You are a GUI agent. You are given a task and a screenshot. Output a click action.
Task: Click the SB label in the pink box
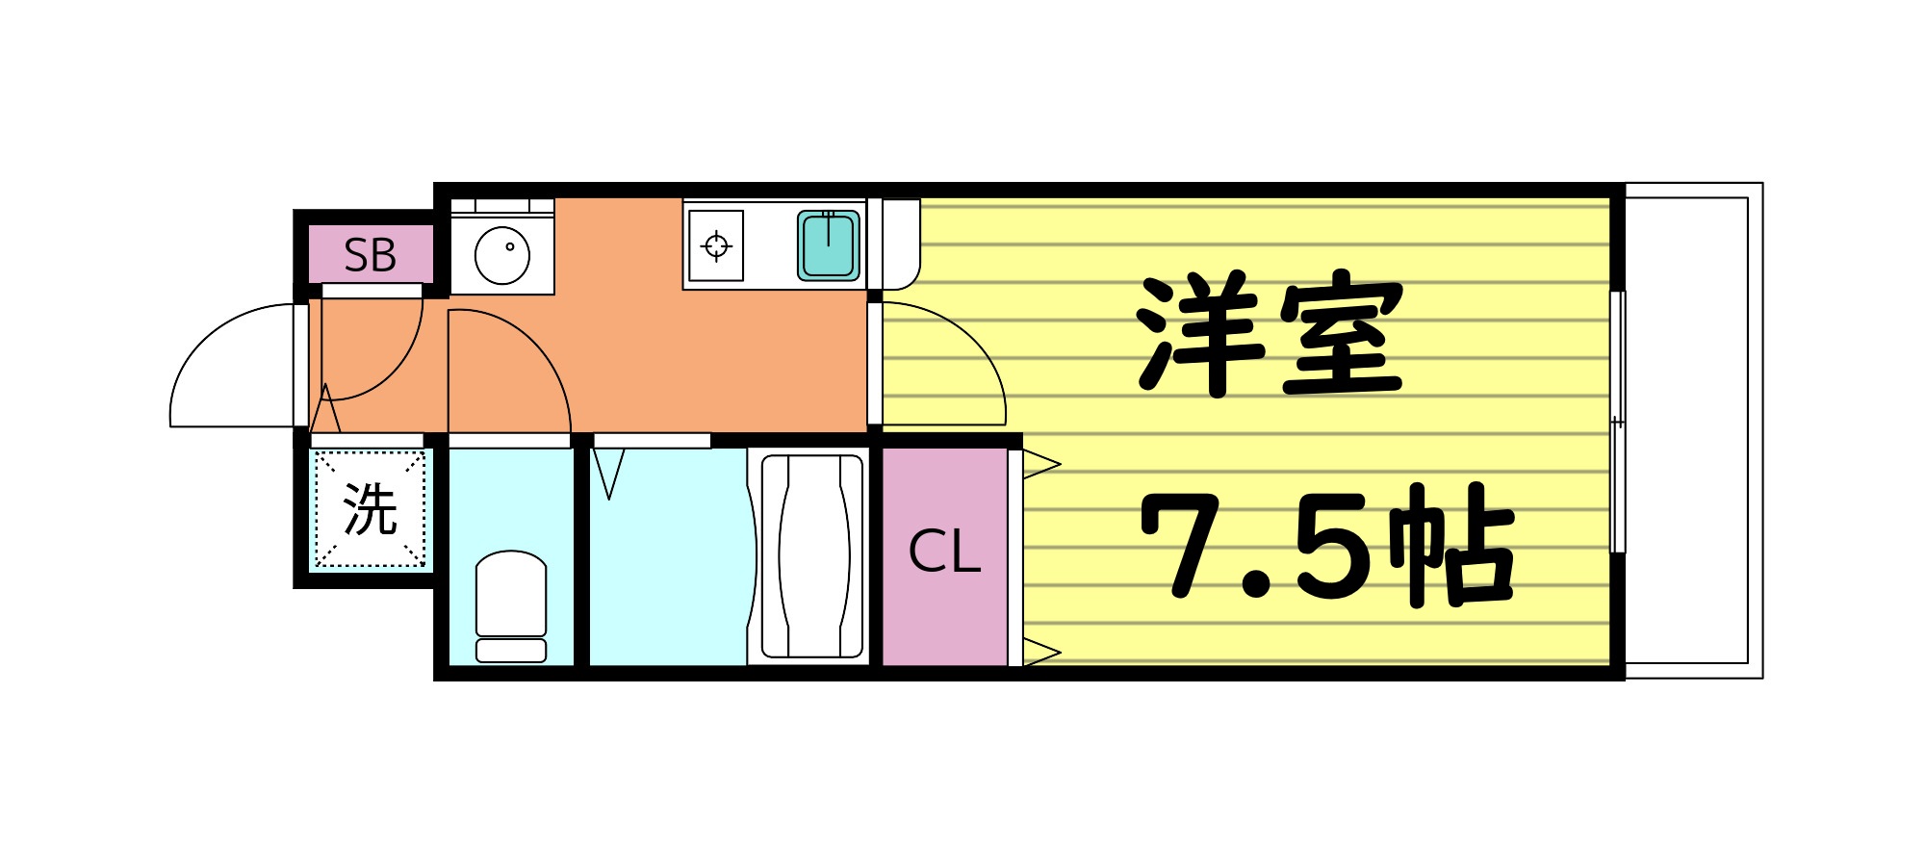(x=370, y=255)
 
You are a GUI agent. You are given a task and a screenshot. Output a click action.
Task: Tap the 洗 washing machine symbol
(x=371, y=509)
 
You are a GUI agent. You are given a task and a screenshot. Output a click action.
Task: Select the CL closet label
(x=944, y=552)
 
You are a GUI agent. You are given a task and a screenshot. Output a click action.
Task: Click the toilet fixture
(x=511, y=594)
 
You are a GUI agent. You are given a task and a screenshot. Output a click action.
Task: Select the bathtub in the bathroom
(x=811, y=555)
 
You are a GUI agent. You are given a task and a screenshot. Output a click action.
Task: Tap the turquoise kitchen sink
(x=828, y=244)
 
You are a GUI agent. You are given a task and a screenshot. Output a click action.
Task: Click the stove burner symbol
(x=716, y=246)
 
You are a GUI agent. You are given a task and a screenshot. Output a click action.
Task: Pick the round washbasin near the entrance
(x=502, y=254)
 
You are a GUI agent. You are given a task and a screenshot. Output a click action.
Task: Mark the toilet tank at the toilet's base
(x=511, y=651)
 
